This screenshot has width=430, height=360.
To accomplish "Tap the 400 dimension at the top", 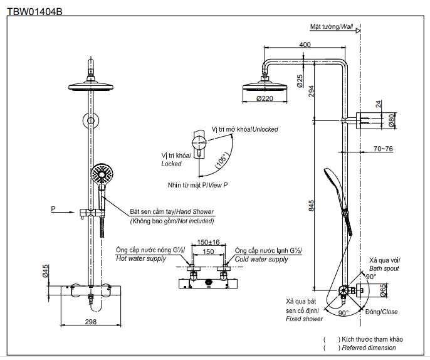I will click(305, 45).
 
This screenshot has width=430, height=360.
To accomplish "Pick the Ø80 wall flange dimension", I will click(391, 121).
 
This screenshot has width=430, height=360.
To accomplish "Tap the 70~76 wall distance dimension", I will click(383, 149).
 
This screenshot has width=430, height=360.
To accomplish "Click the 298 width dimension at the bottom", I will click(91, 322).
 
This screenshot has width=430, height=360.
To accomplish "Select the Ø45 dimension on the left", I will click(46, 271).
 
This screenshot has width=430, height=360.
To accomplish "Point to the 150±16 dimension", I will click(208, 242).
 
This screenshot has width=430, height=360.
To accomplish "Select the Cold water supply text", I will click(261, 258).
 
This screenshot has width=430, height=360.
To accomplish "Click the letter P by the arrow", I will click(53, 208).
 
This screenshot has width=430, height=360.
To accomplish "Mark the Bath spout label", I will click(384, 268).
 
